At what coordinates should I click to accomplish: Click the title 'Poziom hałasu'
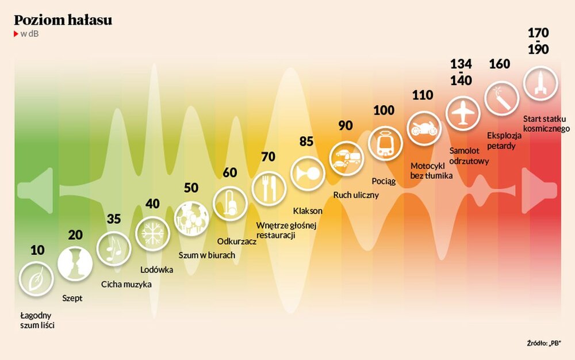tap(63, 20)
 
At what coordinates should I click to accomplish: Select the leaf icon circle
tap(36, 278)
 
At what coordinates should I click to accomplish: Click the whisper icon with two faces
tap(75, 263)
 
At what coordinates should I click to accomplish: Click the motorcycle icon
tap(425, 127)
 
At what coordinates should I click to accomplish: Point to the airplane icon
tap(463, 112)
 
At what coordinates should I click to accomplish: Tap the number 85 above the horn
tap(306, 141)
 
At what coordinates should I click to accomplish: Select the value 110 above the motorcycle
tap(423, 95)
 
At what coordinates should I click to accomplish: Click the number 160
tap(499, 64)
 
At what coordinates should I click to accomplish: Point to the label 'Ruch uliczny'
tap(356, 194)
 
